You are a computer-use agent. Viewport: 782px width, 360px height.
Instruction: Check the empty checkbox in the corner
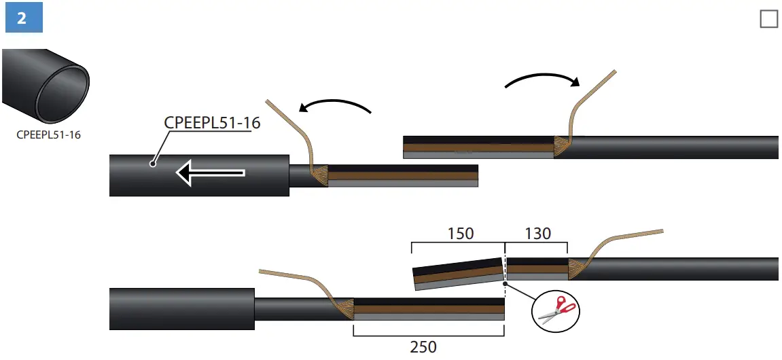768,19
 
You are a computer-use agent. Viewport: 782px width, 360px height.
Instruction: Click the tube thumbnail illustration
46,86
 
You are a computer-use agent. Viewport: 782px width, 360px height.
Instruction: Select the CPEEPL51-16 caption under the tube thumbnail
48,134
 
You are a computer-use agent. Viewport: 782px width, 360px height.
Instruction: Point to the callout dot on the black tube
154,164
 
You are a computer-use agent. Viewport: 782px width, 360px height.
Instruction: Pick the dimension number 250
423,346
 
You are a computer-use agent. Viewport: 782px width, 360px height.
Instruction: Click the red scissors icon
556,309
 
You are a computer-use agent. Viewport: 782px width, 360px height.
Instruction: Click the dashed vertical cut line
505,272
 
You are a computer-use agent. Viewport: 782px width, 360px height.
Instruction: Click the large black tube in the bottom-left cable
181,309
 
